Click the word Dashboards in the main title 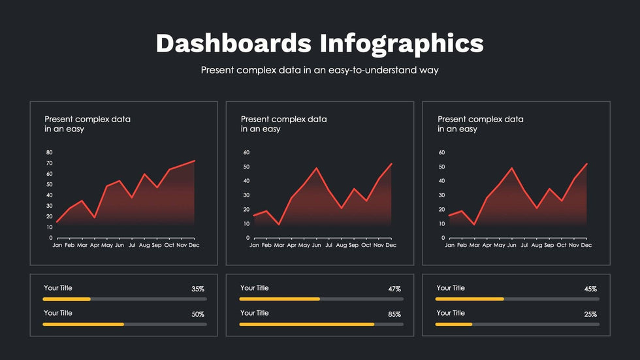233,43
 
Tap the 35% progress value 198,289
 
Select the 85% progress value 394,314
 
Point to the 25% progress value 590,314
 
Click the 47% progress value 394,289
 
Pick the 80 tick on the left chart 49,153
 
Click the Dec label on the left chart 194,246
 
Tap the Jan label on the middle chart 253,246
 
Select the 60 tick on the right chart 441,153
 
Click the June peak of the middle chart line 317,168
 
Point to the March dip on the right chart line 474,224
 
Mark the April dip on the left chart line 95,217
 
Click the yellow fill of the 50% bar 83,324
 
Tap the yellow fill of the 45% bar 470,299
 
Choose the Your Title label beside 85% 254,313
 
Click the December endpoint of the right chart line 587,163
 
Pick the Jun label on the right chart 512,246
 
